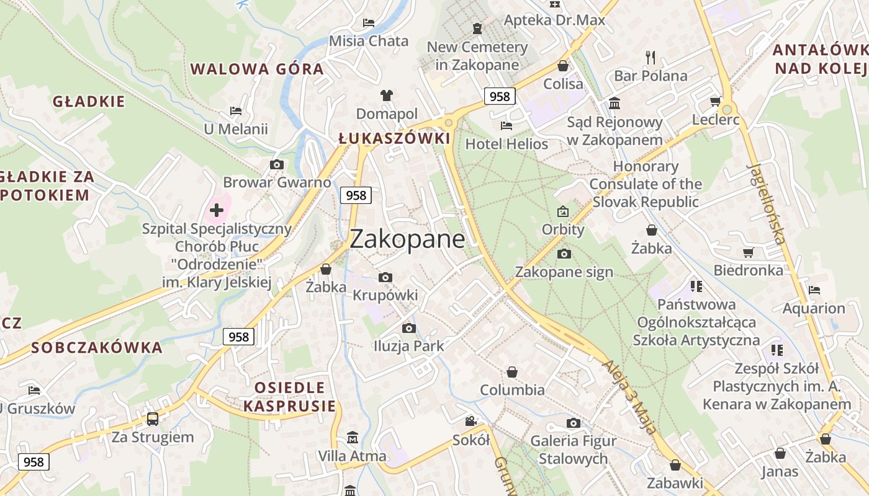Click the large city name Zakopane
tap(407, 239)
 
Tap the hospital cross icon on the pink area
tap(217, 210)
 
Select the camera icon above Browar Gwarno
tap(277, 164)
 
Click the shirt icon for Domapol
tap(387, 95)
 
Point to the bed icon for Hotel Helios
tap(507, 126)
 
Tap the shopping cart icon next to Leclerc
tap(715, 101)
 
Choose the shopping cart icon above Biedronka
tap(749, 252)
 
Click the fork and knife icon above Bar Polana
tap(651, 58)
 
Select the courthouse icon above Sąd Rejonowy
tap(615, 103)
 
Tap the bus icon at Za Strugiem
tap(153, 418)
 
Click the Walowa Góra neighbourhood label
tap(257, 69)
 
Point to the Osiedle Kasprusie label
tap(289, 397)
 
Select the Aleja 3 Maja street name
tap(630, 397)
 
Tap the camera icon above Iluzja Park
tap(408, 328)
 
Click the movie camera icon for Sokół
tap(471, 422)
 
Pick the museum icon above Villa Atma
tap(353, 438)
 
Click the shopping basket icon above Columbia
tap(512, 372)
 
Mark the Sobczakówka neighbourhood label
tap(97, 347)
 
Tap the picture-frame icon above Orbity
tap(563, 211)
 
